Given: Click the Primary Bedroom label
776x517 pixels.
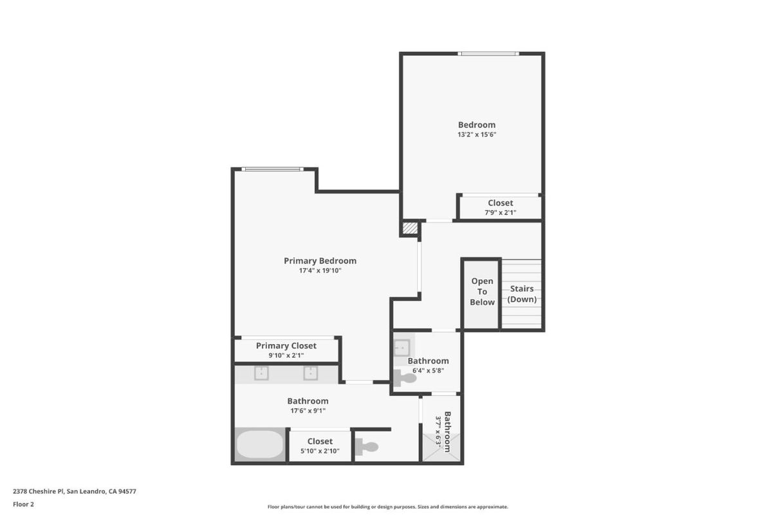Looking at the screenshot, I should click(x=320, y=260).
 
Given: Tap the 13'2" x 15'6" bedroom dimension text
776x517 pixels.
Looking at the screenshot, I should click(x=477, y=135).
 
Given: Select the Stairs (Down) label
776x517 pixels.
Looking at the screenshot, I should click(x=522, y=294).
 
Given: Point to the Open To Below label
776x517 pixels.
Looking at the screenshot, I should click(x=482, y=291).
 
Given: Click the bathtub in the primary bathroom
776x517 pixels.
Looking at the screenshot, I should click(x=259, y=444).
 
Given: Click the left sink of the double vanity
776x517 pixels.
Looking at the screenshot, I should click(x=261, y=373).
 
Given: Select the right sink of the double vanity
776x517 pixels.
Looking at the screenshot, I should click(x=311, y=373).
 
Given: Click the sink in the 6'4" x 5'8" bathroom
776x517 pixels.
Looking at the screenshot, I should click(x=402, y=348).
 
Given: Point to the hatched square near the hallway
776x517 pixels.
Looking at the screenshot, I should click(x=409, y=228).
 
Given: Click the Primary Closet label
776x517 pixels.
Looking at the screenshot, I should click(x=286, y=346).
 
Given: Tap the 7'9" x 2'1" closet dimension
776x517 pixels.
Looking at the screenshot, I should click(x=500, y=212).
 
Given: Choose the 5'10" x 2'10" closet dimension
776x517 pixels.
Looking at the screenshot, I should click(x=320, y=451).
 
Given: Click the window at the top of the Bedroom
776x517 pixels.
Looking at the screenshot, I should click(x=488, y=53).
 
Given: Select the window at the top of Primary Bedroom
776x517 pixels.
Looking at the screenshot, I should click(x=272, y=169).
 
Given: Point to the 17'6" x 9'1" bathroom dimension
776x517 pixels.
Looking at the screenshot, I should click(x=308, y=410).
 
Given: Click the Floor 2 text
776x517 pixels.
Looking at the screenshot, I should click(x=23, y=504).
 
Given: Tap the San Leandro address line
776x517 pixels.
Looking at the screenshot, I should click(x=74, y=491).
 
